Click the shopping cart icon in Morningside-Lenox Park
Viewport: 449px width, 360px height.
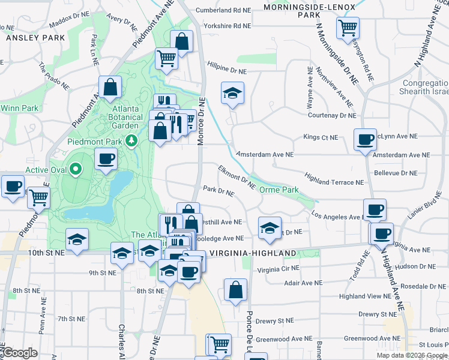(x=348, y=28)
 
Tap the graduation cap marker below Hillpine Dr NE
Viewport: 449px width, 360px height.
(x=232, y=93)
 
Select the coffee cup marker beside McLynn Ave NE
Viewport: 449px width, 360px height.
(x=365, y=140)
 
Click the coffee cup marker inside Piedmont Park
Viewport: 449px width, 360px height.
(x=106, y=159)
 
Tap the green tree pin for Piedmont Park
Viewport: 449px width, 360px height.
(x=131, y=140)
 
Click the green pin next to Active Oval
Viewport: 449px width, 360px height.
(x=76, y=169)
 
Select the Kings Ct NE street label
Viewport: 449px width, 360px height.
(x=321, y=137)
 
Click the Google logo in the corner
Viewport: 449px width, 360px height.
(x=20, y=353)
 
